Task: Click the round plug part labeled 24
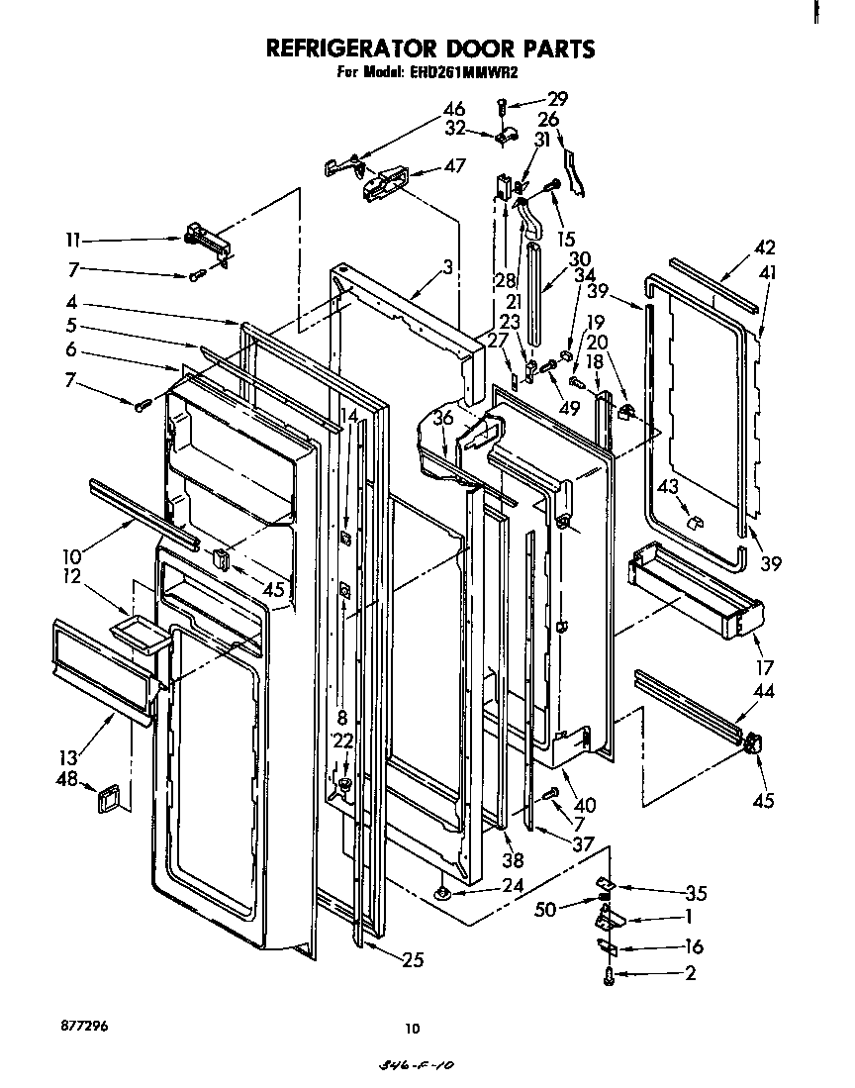(442, 894)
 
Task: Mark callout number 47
(454, 166)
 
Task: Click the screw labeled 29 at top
(504, 104)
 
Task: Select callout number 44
(765, 691)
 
